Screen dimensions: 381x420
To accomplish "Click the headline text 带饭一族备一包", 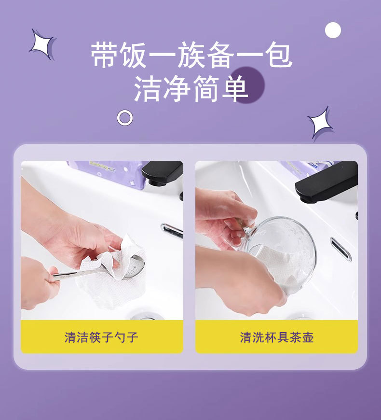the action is click(191, 55).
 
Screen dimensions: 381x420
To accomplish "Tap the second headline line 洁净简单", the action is click(191, 89).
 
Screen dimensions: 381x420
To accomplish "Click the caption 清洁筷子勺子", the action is click(101, 337).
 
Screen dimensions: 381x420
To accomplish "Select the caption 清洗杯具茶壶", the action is click(277, 337).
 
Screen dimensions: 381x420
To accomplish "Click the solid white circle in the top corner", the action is click(333, 30).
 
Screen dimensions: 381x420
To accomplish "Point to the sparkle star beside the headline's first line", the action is click(43, 44).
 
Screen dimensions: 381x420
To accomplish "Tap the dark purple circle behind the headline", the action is click(247, 84).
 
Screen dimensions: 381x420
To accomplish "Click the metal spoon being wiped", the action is click(99, 270).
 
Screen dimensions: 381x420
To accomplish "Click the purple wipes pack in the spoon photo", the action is click(107, 174).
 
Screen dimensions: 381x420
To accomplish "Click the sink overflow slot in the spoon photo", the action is click(172, 230).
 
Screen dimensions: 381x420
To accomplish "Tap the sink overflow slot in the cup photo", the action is click(340, 249).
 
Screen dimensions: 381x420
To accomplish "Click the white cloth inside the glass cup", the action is click(275, 265).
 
